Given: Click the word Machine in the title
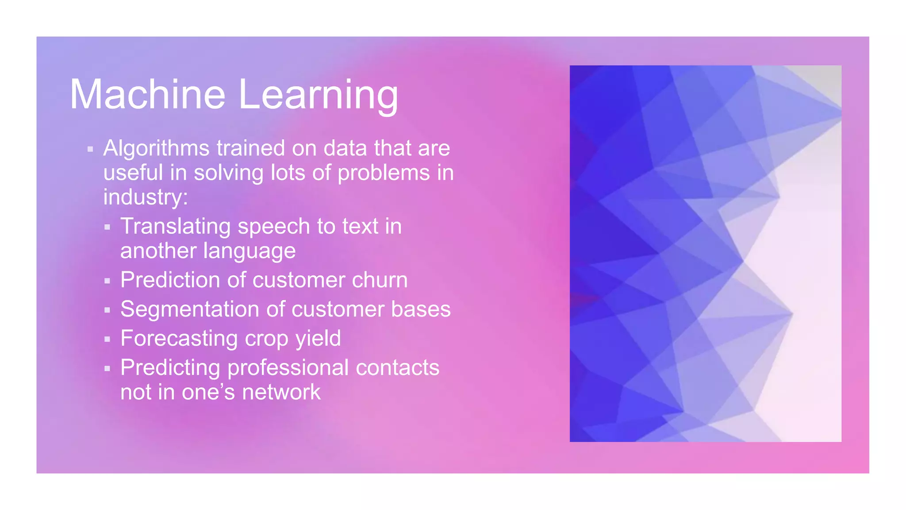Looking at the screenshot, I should point(148,95).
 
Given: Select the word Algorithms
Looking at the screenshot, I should point(156,148).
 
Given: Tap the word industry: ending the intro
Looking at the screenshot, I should point(146,197).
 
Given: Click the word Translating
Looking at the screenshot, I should point(175,227).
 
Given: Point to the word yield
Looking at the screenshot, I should point(318,339).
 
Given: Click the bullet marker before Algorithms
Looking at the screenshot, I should point(90,150).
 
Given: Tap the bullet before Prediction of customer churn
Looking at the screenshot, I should point(107,281).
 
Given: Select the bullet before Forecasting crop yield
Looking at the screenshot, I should point(107,340).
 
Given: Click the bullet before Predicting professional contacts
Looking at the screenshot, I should point(107,368).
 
